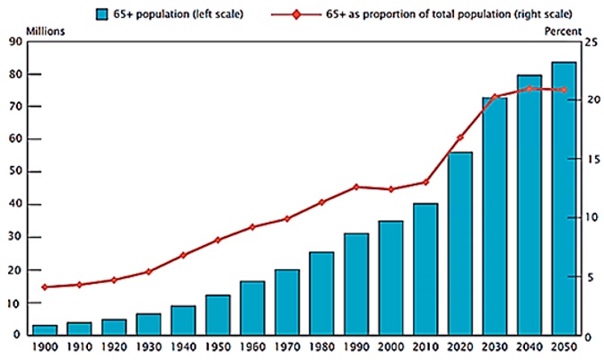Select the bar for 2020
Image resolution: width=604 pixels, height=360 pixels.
click(x=460, y=243)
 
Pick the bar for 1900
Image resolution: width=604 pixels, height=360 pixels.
click(x=45, y=329)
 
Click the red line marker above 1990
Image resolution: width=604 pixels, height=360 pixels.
click(x=356, y=187)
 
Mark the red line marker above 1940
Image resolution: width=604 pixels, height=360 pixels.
click(x=183, y=255)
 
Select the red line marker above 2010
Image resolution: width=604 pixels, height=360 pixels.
click(x=425, y=182)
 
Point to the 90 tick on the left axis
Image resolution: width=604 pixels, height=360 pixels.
click(x=16, y=41)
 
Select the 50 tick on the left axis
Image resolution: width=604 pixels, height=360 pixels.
click(x=16, y=172)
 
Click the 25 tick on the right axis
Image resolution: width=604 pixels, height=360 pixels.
click(x=589, y=41)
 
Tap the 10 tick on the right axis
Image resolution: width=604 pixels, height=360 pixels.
click(x=589, y=218)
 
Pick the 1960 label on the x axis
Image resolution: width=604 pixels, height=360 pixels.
click(x=252, y=347)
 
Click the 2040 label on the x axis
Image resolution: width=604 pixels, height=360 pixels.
click(x=529, y=347)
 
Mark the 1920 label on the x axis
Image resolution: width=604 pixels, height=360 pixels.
click(x=114, y=347)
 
